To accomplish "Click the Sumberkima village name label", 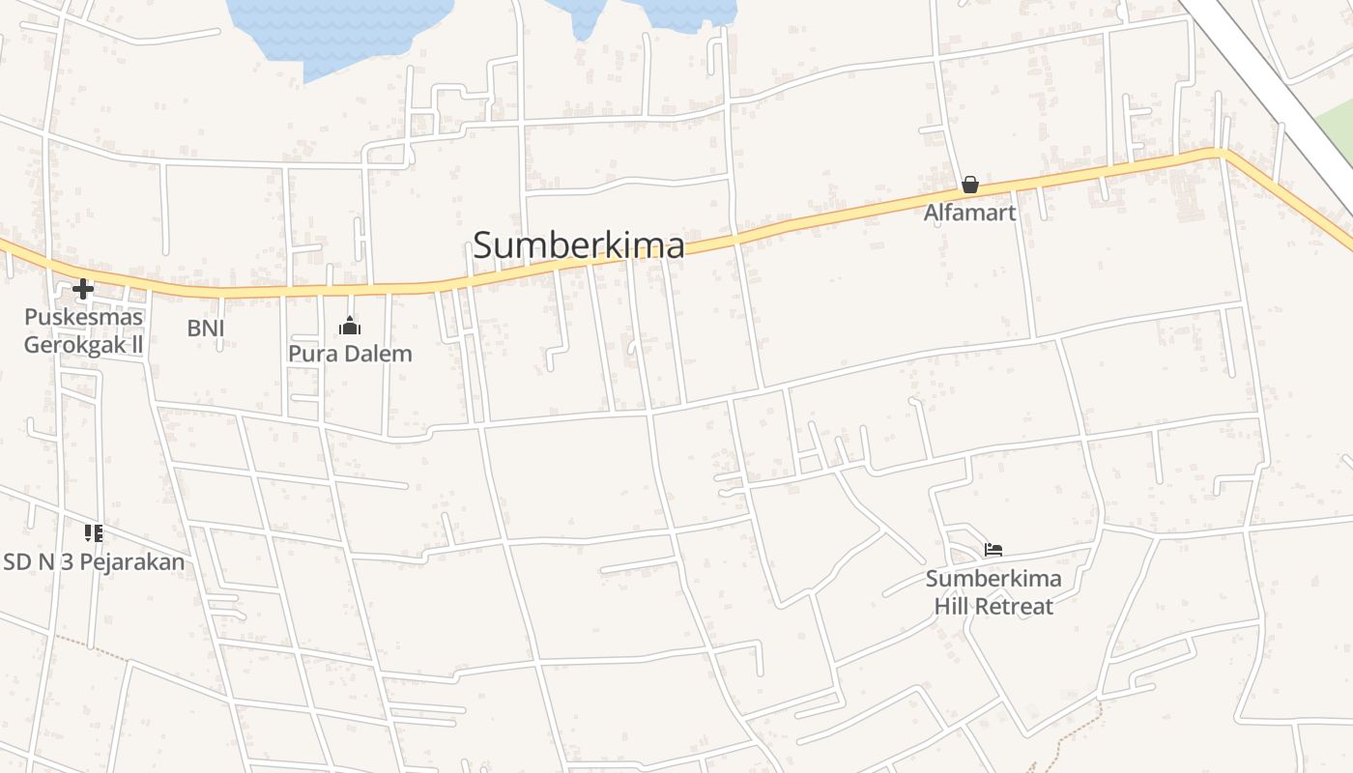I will pyautogui.click(x=579, y=245).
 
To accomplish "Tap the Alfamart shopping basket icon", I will pyautogui.click(x=970, y=185).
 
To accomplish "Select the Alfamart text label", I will pyautogui.click(x=970, y=213).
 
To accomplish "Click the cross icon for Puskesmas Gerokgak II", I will pyautogui.click(x=83, y=288).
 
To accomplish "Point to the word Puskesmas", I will pyautogui.click(x=83, y=317).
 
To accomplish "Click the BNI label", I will pyautogui.click(x=206, y=328).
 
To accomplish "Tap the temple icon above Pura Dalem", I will pyautogui.click(x=350, y=327).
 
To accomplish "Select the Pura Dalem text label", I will pyautogui.click(x=350, y=354).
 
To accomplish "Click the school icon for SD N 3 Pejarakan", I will pyautogui.click(x=93, y=532).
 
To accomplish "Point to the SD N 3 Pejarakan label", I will pyautogui.click(x=94, y=561).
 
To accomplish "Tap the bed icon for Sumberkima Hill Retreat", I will pyautogui.click(x=993, y=550).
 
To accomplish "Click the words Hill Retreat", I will pyautogui.click(x=993, y=607).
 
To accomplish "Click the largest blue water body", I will pyautogui.click(x=338, y=29).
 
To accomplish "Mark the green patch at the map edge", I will pyautogui.click(x=1338, y=145).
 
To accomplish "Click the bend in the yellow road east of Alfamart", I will pyautogui.click(x=1221, y=152).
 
